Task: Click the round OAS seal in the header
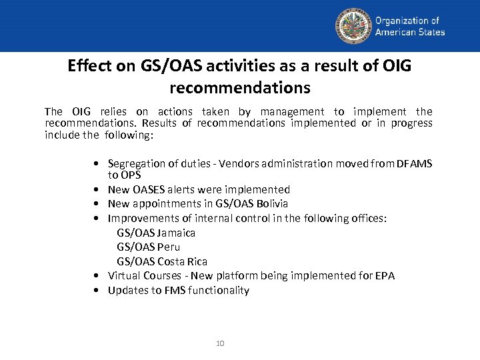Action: click(353, 26)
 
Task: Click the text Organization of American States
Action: click(410, 27)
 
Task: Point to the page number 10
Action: click(220, 343)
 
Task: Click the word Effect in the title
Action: click(87, 66)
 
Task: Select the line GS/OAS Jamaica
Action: click(156, 233)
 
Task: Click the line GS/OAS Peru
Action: click(148, 247)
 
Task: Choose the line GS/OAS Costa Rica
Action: click(162, 261)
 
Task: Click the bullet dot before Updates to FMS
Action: click(98, 291)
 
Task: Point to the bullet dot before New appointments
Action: click(98, 204)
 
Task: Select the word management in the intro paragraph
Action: click(292, 111)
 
